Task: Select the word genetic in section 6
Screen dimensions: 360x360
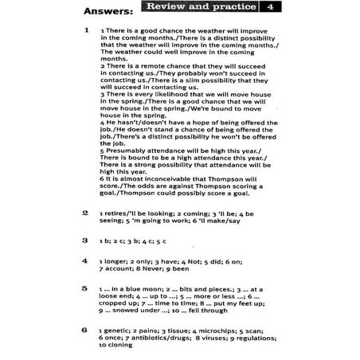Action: [x=118, y=331]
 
